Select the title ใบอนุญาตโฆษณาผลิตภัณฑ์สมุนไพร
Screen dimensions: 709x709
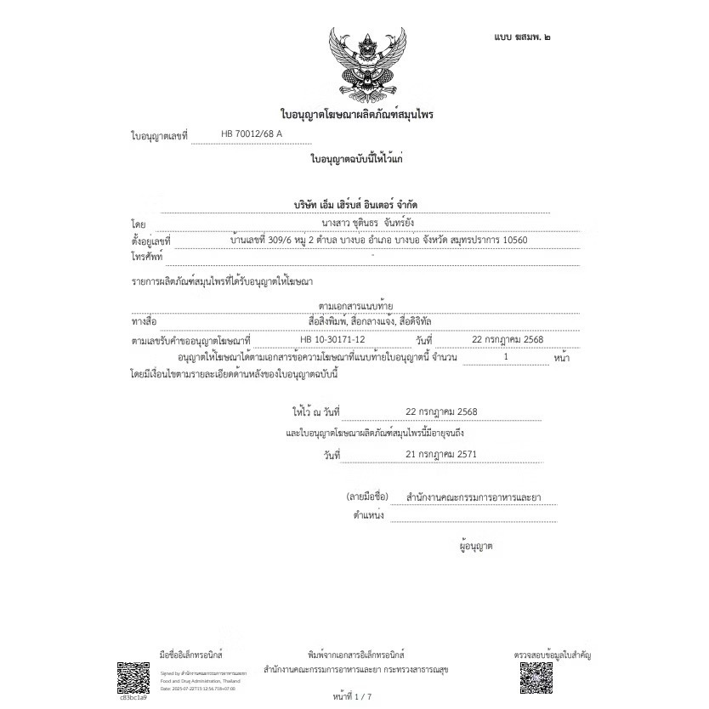coord(357,114)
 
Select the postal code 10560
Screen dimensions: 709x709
coord(510,241)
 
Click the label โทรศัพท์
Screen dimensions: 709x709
coord(147,256)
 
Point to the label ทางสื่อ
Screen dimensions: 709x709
coord(145,322)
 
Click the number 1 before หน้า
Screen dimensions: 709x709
coord(506,357)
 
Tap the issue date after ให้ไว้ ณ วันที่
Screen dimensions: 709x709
coord(441,411)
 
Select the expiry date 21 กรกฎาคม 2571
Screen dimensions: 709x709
coord(441,454)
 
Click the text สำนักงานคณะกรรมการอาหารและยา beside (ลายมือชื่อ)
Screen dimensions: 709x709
coord(474,496)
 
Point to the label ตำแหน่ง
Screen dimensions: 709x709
coord(368,515)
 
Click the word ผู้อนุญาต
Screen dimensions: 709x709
coord(475,546)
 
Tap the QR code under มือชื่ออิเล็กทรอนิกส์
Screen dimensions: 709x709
coord(133,677)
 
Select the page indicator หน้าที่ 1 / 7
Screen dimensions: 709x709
coord(353,696)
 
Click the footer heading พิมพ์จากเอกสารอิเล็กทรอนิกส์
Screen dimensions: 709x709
coord(356,655)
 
